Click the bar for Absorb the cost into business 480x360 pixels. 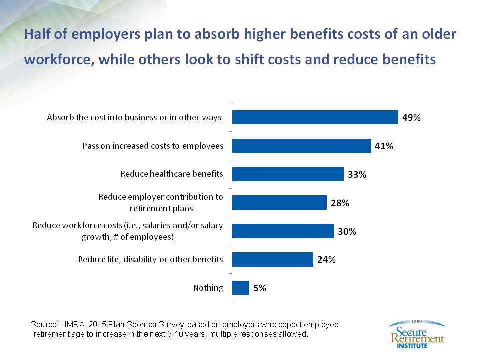click(x=315, y=117)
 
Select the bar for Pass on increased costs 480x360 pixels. click(x=302, y=146)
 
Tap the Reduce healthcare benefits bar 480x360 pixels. click(x=288, y=174)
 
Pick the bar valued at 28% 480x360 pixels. click(x=279, y=202)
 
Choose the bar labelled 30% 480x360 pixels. click(x=283, y=231)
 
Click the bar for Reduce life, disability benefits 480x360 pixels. click(x=273, y=259)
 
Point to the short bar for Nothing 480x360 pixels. click(x=241, y=288)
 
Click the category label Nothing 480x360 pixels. click(x=208, y=288)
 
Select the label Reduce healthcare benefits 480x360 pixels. click(x=172, y=174)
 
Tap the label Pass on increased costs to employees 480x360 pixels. click(x=152, y=146)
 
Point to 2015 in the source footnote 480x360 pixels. click(x=94, y=325)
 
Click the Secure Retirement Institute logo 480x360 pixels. click(x=416, y=333)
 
